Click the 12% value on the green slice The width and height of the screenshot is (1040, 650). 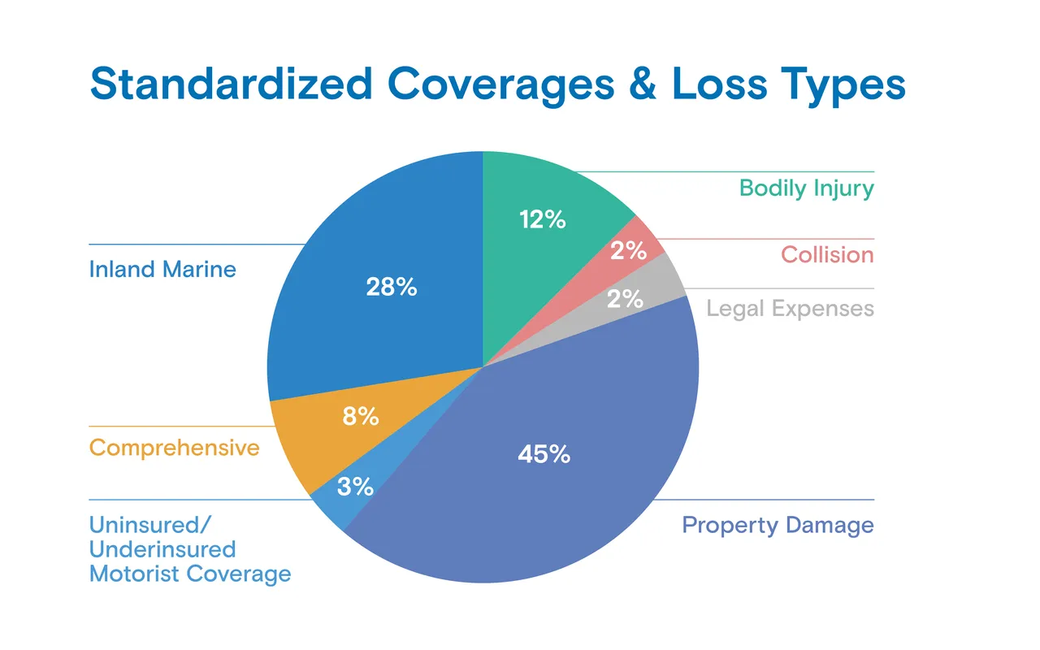(542, 219)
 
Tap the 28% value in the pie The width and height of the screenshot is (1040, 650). (392, 287)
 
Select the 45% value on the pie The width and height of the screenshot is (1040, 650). (544, 453)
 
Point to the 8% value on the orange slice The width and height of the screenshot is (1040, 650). (360, 416)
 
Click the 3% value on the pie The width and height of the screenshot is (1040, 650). (355, 487)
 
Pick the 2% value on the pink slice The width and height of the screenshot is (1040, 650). (628, 251)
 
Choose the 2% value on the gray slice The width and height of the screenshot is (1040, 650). (625, 298)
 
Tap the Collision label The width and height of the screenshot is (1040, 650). (827, 254)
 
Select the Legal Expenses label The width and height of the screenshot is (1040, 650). (791, 309)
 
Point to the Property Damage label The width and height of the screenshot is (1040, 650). (778, 526)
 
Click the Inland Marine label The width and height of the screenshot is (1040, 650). (162, 269)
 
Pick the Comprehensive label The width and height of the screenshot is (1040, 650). (174, 448)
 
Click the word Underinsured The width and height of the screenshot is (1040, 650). (162, 549)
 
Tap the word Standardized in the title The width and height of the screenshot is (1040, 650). (232, 84)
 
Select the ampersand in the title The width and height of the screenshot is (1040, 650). (643, 84)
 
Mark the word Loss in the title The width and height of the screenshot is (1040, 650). (719, 84)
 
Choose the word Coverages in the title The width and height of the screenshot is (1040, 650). (501, 86)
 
